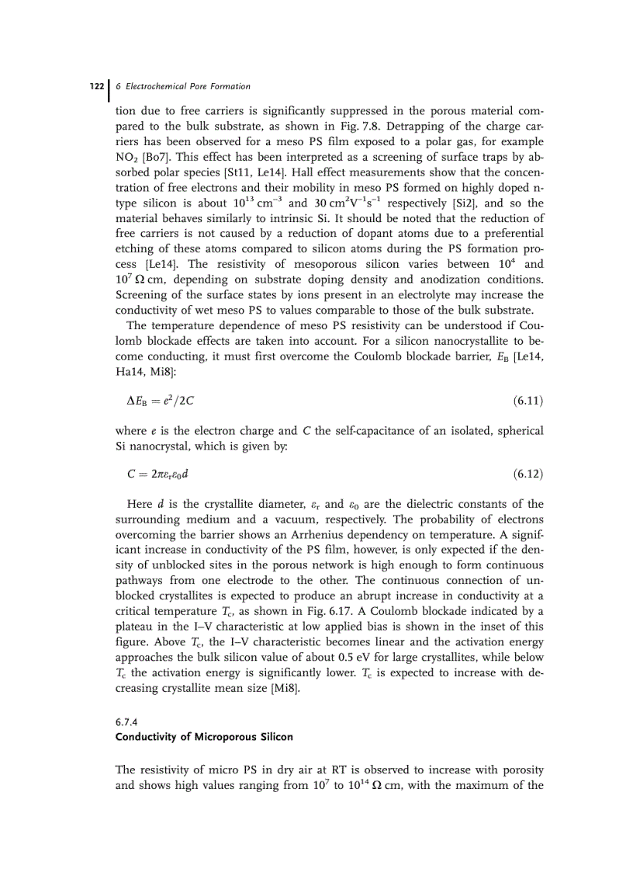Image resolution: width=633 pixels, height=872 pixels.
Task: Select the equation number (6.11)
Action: tap(527, 401)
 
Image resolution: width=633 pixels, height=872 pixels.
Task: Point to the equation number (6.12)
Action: tap(527, 472)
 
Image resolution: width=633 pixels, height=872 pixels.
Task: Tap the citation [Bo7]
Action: tap(154, 157)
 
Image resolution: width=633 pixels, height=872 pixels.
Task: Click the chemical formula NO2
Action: tap(127, 157)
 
